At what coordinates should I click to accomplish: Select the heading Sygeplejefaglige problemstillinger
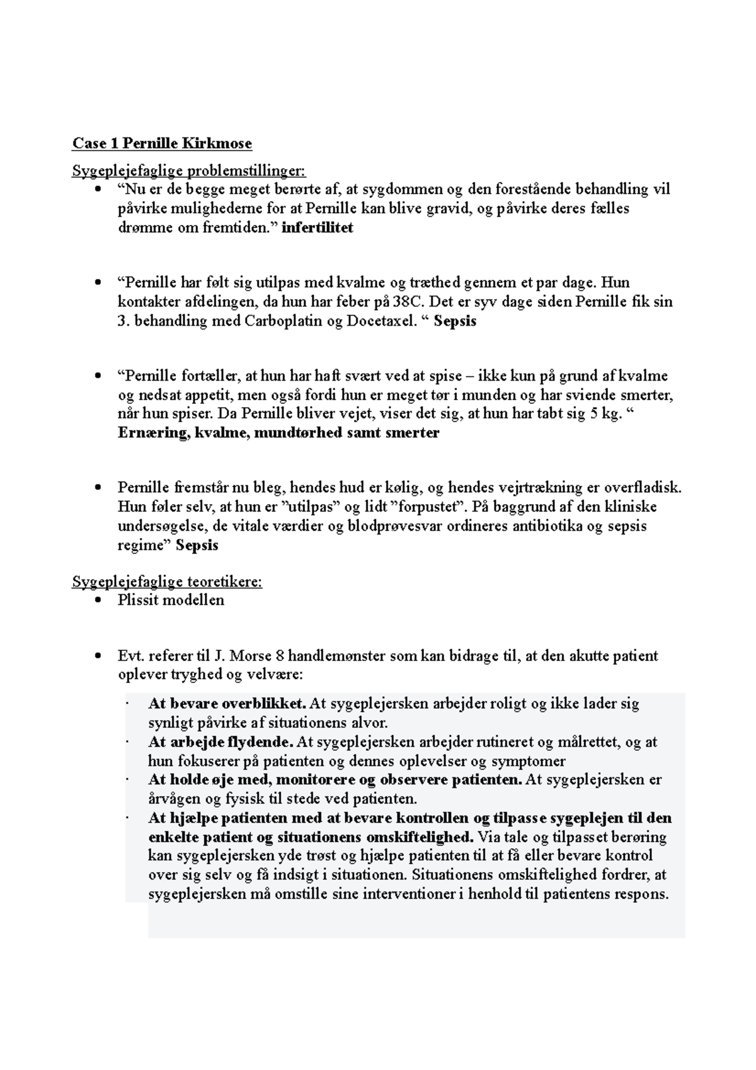(188, 171)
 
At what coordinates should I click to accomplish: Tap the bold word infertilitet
(317, 228)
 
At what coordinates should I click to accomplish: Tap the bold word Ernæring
(151, 434)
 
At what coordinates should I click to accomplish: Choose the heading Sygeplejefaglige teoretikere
(167, 582)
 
